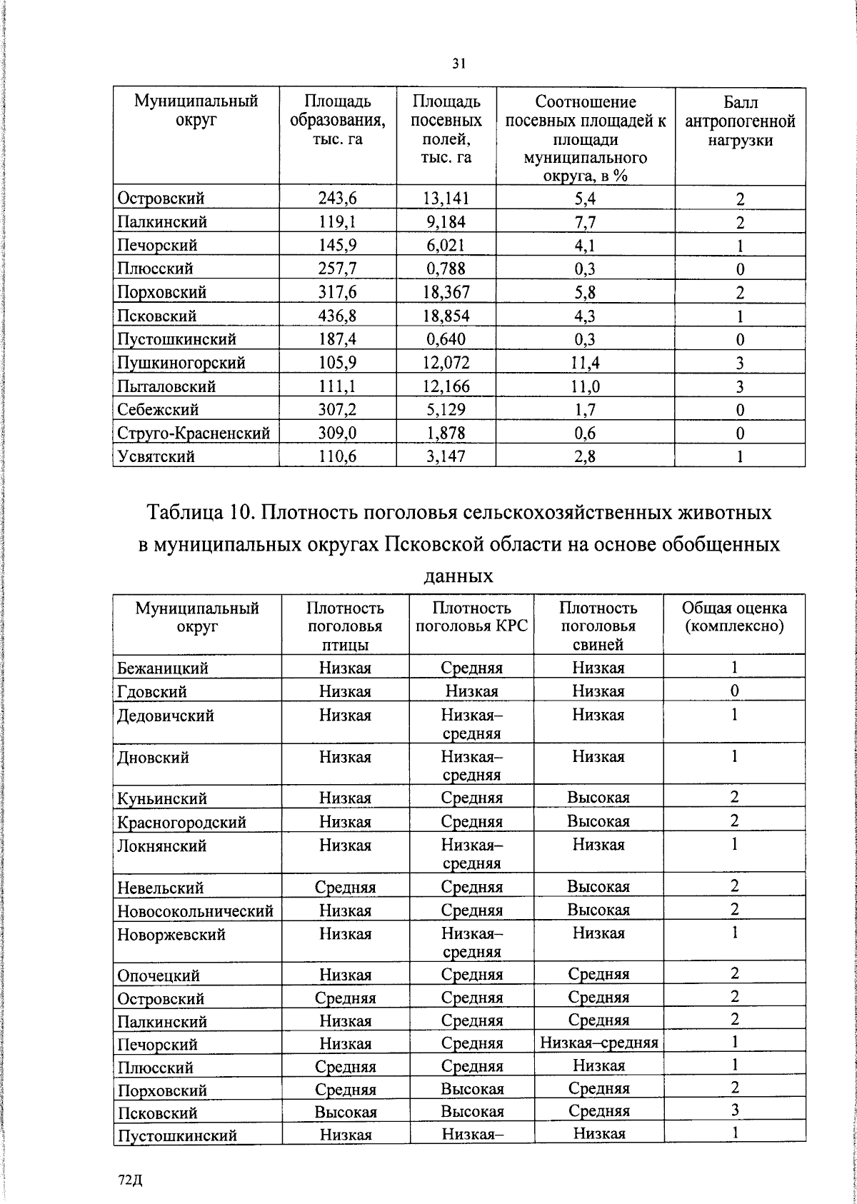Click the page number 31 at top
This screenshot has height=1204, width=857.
coord(459,64)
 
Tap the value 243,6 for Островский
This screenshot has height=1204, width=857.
coord(338,199)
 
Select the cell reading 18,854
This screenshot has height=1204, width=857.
coord(446,316)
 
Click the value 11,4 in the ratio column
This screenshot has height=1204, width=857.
coord(585,363)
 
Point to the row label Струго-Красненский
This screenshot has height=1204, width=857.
coord(194,433)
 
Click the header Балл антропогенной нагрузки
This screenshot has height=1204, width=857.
coord(740,121)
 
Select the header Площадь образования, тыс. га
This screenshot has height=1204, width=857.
coord(338,121)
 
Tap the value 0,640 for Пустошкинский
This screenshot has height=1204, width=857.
coord(446,339)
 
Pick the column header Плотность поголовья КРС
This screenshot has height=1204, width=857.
coord(471,617)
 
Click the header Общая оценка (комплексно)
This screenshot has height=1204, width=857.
coord(734,617)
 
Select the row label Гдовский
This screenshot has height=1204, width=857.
coord(152,691)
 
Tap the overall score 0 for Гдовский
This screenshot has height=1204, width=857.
coord(733,691)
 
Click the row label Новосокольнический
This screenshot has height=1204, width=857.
coord(195,910)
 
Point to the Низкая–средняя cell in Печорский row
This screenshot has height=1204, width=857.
coord(598,1043)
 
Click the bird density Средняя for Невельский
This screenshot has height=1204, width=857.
coord(345,888)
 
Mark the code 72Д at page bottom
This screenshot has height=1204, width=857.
coord(131,1180)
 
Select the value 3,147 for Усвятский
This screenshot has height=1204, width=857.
coord(446,456)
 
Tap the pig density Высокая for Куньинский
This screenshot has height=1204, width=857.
coord(598,798)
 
